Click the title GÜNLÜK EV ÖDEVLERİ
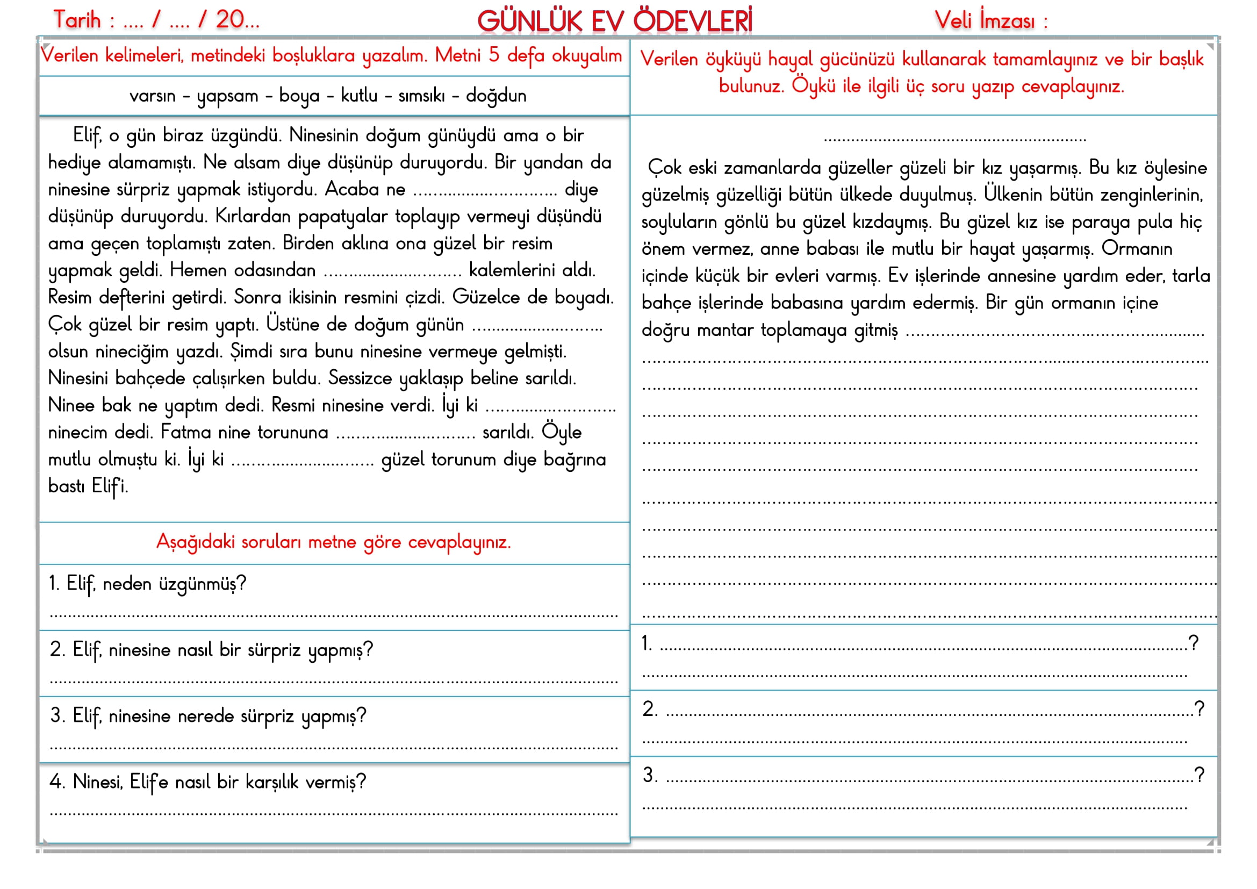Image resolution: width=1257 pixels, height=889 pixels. [614, 21]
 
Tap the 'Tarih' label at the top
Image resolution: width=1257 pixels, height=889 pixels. [77, 20]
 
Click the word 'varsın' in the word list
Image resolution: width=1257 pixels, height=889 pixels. [152, 96]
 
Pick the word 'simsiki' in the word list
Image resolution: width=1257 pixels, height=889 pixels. [421, 96]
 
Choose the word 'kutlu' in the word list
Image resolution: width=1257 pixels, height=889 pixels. [359, 96]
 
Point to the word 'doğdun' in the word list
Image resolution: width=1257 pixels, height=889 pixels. [496, 96]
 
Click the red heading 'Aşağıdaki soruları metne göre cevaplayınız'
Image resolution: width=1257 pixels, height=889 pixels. [333, 542]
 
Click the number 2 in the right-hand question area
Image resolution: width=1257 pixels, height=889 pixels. [649, 709]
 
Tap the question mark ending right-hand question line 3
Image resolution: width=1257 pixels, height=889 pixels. [1199, 774]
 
